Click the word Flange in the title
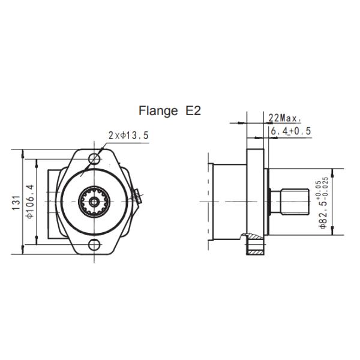158,111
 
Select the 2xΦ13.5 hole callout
128,136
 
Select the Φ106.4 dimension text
30,202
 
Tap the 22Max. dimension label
284,118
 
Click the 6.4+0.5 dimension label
290,131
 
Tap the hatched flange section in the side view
255,247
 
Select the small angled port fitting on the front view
137,196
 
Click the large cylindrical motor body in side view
228,202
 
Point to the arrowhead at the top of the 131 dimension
23,151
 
